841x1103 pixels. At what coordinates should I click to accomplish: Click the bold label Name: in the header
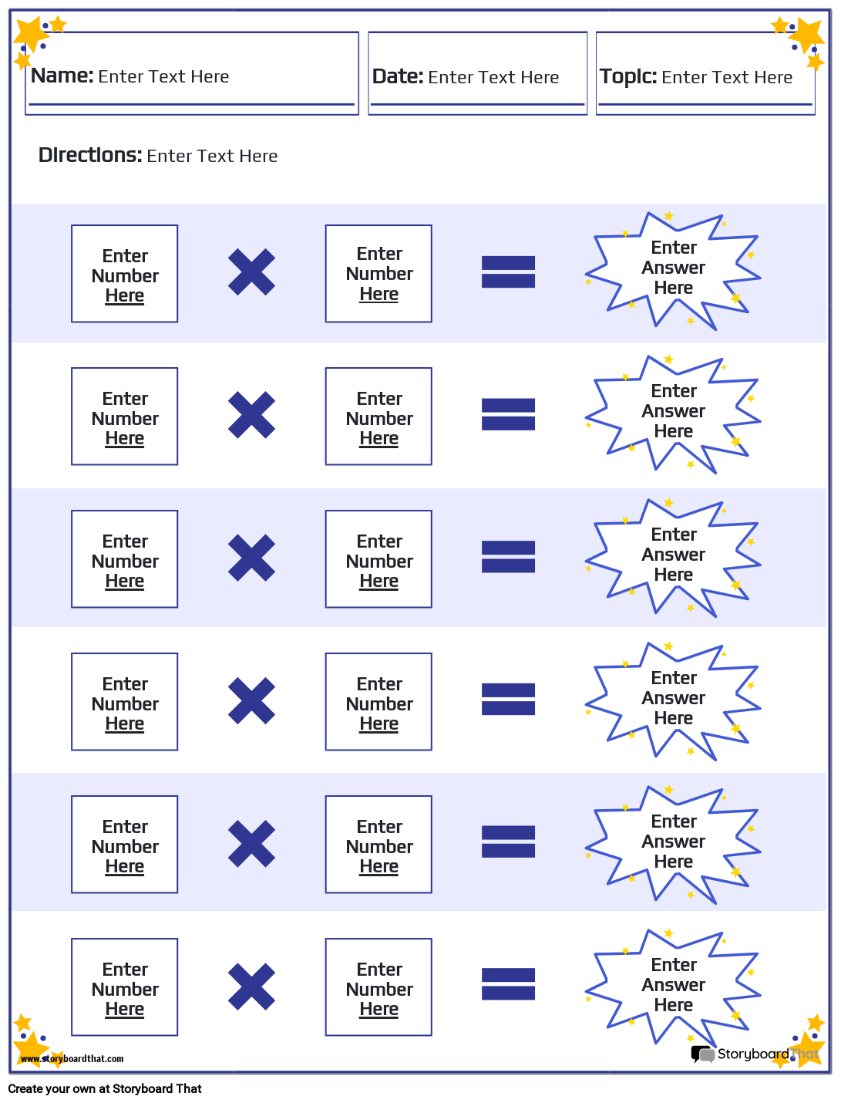click(x=62, y=76)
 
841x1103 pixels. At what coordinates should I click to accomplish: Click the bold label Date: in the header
click(x=398, y=77)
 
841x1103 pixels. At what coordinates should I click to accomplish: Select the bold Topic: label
click(x=628, y=77)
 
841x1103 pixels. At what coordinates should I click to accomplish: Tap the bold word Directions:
click(x=90, y=155)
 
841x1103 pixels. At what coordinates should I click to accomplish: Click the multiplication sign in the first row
click(x=251, y=272)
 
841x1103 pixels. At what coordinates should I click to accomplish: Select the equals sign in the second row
click(x=508, y=414)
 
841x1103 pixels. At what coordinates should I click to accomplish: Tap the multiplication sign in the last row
click(x=251, y=987)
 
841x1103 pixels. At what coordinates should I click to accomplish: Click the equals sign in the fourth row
click(x=508, y=699)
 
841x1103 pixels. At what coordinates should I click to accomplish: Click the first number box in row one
click(x=125, y=273)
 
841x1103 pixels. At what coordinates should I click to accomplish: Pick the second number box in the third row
click(x=378, y=558)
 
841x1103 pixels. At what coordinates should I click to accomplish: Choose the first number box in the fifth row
click(x=125, y=844)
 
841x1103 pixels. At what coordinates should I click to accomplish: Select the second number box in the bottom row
click(x=378, y=987)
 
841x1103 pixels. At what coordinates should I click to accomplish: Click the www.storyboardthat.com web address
click(x=72, y=1059)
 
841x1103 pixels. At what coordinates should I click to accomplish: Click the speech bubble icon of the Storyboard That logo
click(x=702, y=1054)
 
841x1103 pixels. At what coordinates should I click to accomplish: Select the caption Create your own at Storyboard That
click(x=104, y=1088)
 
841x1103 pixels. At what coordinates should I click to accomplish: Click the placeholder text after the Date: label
click(x=493, y=77)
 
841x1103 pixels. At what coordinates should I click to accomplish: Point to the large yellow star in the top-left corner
click(x=30, y=34)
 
